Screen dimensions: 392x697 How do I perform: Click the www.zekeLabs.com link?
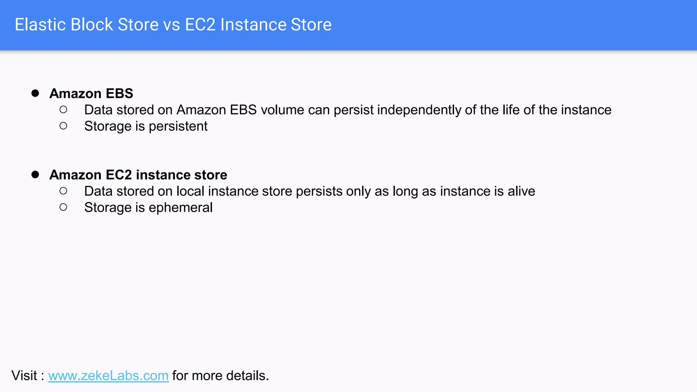pos(108,376)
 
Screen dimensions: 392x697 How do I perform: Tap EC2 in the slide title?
pos(200,25)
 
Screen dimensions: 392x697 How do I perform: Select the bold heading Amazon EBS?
pos(91,94)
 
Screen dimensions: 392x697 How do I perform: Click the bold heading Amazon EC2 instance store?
pos(138,175)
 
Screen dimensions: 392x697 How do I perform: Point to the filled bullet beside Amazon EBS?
pos(35,93)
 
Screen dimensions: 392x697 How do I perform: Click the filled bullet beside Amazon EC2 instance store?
pos(35,175)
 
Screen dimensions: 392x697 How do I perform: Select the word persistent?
pos(178,126)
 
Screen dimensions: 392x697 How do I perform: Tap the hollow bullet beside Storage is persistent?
pos(63,126)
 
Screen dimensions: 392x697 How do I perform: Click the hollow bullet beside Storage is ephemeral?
pos(63,207)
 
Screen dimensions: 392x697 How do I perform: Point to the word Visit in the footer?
pos(24,376)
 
